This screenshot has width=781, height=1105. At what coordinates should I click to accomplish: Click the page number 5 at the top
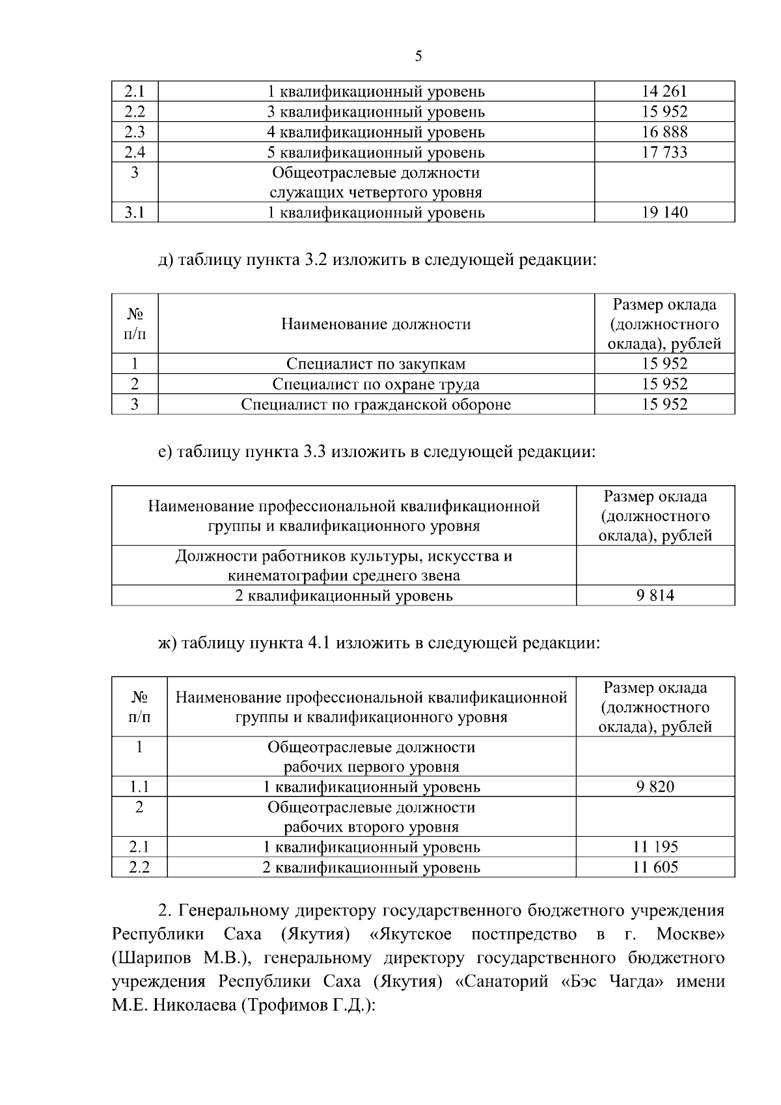coord(418,56)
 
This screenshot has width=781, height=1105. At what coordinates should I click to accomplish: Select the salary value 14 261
coord(665,92)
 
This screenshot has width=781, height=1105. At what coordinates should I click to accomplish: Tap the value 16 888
coord(665,132)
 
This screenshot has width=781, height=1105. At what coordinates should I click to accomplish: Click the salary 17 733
coord(665,152)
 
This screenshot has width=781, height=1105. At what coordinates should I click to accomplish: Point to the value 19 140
coord(665,212)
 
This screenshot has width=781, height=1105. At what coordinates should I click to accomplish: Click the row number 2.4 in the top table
coord(135,152)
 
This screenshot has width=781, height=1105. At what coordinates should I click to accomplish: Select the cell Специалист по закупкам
coord(376,364)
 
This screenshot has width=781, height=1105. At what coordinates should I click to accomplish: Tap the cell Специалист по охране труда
coord(376,384)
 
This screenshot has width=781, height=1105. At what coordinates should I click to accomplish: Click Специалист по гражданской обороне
coord(376,404)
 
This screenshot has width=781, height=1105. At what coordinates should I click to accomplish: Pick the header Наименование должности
coord(376,324)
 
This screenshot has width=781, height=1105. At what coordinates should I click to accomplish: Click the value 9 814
coord(655,595)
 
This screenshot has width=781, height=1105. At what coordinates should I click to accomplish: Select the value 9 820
coord(655,787)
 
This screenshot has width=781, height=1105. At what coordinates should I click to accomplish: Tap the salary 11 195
coord(655,847)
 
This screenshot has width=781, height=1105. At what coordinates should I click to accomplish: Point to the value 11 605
coord(655,867)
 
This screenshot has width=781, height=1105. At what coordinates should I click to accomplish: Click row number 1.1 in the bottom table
coord(139,787)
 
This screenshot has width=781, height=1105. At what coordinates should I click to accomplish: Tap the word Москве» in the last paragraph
coord(691,935)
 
